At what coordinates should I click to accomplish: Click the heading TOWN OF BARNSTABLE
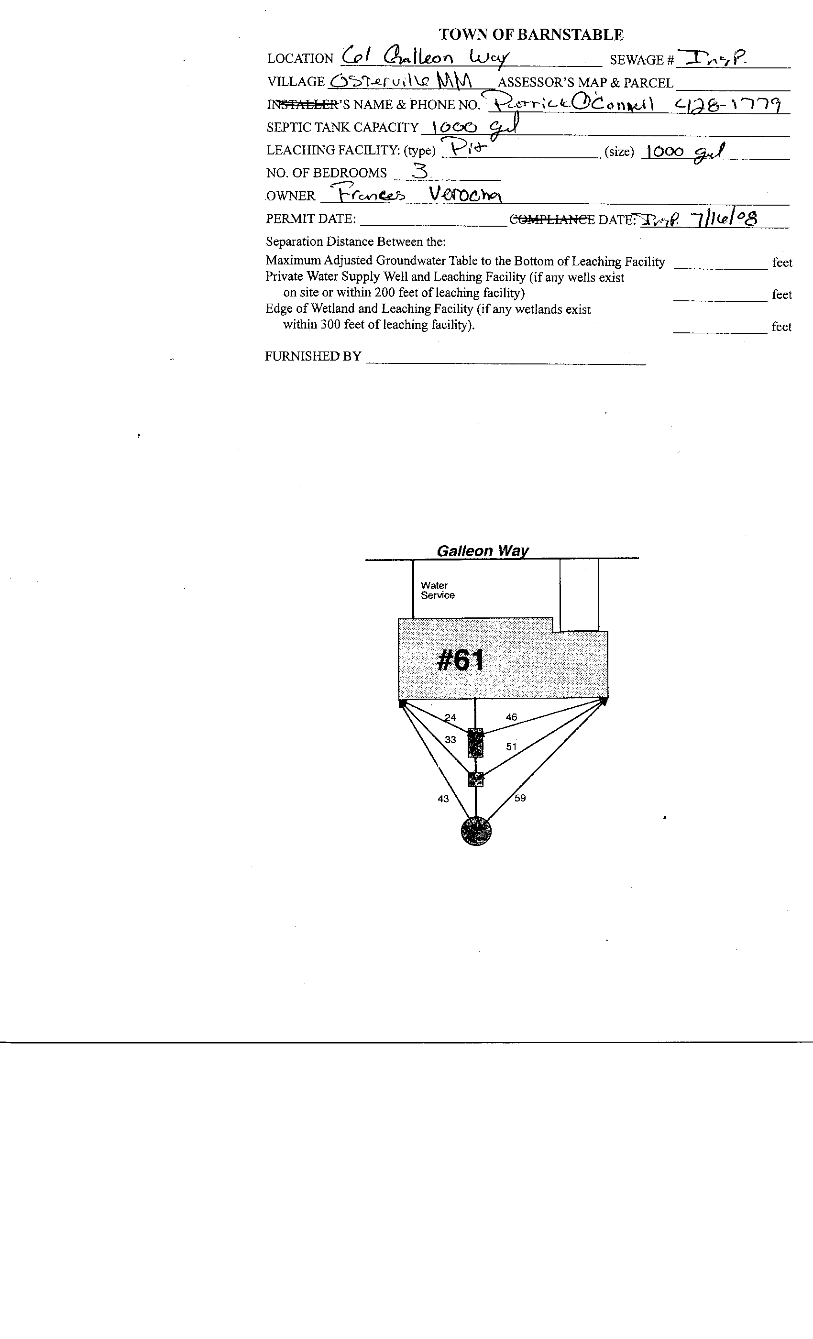tap(531, 35)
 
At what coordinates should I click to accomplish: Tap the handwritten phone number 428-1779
tap(728, 103)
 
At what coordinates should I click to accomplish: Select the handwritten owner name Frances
tap(370, 194)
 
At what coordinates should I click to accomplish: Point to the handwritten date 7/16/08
tap(723, 219)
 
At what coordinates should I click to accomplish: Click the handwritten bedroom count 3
tap(419, 172)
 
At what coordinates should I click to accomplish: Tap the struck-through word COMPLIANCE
tap(551, 220)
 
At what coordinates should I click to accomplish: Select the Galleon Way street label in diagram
tap(483, 551)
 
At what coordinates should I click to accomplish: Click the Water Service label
tap(438, 590)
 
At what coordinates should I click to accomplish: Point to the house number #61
tap(460, 661)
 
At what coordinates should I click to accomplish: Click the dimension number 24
tap(450, 717)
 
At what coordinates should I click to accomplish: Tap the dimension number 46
tap(511, 717)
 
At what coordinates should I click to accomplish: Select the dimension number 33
tap(450, 740)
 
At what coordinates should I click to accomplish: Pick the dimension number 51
tap(511, 746)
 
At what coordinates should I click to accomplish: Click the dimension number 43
tap(443, 799)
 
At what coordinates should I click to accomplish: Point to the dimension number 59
tap(520, 798)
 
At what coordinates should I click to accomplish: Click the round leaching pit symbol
tap(476, 832)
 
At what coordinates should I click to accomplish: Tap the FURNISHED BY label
tap(313, 356)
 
